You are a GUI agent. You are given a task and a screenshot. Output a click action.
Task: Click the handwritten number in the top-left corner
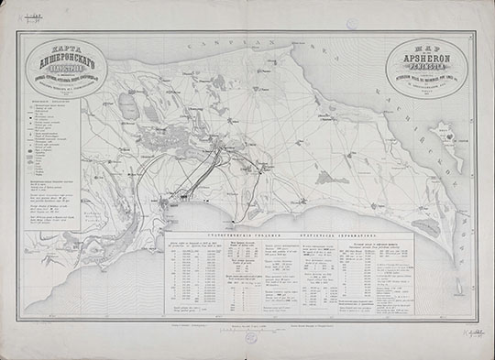(x=37, y=16)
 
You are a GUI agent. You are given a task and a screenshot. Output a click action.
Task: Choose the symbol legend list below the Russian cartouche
(x=53, y=147)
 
